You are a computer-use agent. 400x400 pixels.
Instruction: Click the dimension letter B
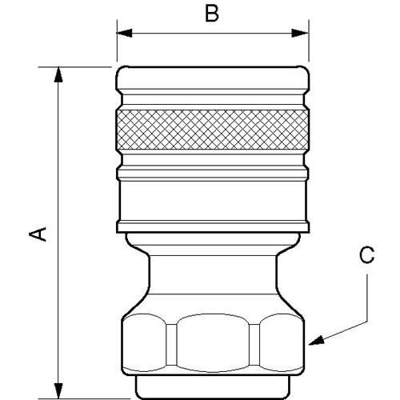click(211, 15)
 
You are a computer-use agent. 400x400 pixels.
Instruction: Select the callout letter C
click(366, 255)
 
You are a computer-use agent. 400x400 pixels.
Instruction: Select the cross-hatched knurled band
click(213, 128)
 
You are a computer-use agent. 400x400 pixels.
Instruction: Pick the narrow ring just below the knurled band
click(213, 171)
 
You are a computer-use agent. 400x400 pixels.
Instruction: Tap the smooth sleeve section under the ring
click(213, 204)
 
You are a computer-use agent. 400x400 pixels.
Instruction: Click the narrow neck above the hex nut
click(213, 276)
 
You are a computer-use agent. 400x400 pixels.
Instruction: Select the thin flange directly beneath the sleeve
click(213, 238)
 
